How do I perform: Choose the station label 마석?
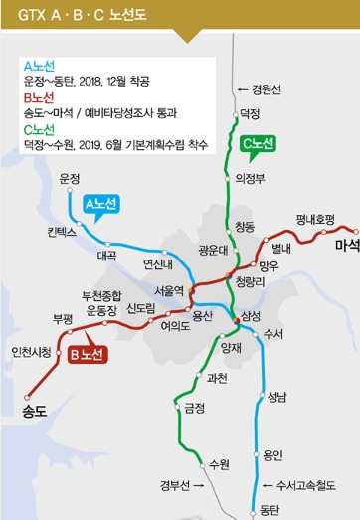(x=346, y=245)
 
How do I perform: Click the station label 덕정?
(x=250, y=114)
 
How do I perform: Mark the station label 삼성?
(x=251, y=316)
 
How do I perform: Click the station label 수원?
(x=219, y=464)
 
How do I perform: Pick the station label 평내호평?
(x=315, y=218)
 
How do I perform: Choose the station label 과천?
(x=217, y=378)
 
